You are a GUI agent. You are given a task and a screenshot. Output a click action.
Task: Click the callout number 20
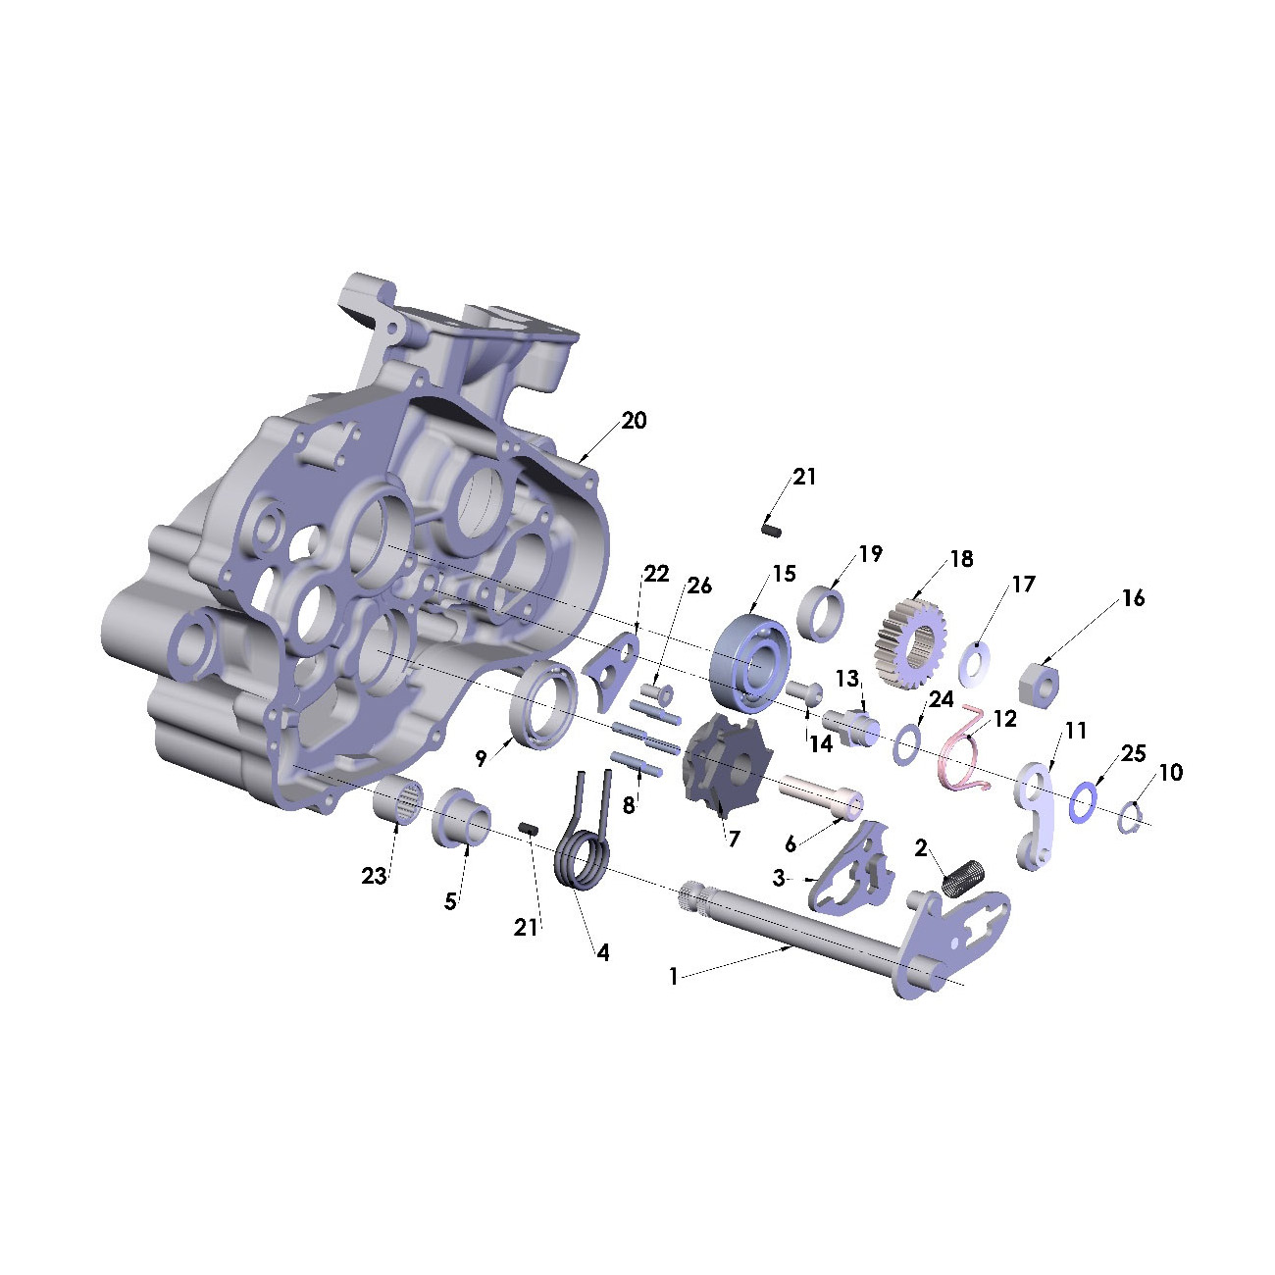pyautogui.click(x=634, y=421)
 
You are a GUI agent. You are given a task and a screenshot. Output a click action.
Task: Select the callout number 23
pyautogui.click(x=374, y=876)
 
